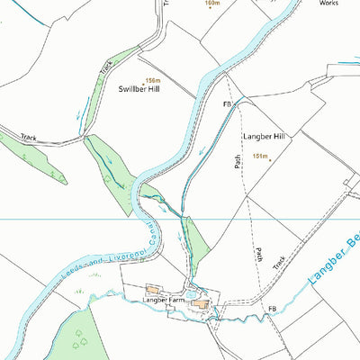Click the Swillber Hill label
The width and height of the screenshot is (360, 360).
pos(139,89)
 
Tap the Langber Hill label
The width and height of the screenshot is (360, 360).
pos(263,136)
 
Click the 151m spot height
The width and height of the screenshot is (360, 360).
pos(261,156)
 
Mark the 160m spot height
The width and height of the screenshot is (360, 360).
pos(213,4)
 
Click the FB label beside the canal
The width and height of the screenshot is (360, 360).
pos(229,104)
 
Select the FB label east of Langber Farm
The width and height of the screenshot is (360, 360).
pos(270,309)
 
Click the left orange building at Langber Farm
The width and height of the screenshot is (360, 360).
pos(154,290)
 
